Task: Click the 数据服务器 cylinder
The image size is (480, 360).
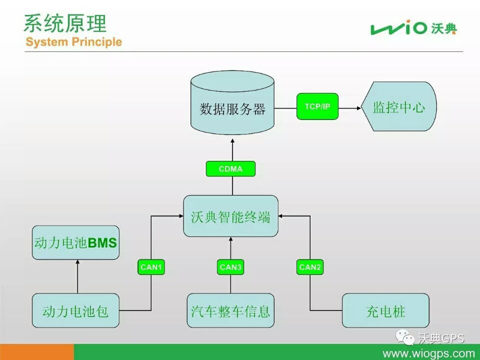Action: (232, 102)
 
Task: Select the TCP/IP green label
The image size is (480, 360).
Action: (317, 106)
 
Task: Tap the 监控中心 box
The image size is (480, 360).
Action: (399, 106)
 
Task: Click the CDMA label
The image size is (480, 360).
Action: (230, 168)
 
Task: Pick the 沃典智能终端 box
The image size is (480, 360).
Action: (230, 216)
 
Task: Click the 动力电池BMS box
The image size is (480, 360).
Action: (75, 243)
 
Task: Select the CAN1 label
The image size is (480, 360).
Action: (151, 267)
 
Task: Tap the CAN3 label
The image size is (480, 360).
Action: (230, 267)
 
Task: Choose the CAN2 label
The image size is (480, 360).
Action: (310, 267)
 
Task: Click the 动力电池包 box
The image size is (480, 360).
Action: (75, 310)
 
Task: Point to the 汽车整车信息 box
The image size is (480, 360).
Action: (230, 310)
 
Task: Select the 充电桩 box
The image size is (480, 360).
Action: (385, 310)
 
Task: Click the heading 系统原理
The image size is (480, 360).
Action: (65, 23)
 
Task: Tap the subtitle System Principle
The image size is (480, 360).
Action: (74, 41)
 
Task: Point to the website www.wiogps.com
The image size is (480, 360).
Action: (428, 353)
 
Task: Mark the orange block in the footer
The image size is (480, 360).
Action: (36, 352)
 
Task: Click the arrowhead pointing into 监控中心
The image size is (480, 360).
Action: (359, 108)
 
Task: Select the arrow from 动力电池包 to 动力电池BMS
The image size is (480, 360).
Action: (77, 276)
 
